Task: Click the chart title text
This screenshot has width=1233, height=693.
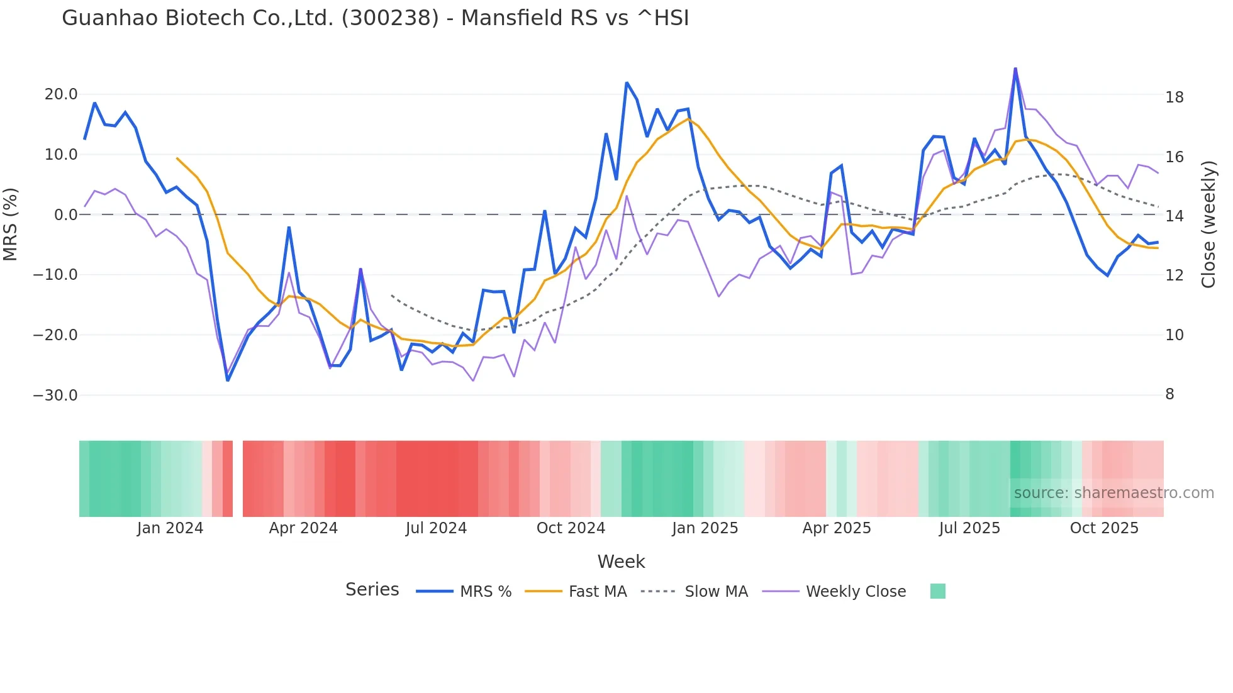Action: (x=375, y=18)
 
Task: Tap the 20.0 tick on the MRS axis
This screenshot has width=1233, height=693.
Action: (x=60, y=94)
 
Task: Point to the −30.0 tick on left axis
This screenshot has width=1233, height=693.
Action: (x=55, y=396)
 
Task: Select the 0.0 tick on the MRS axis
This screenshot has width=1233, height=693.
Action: (x=66, y=215)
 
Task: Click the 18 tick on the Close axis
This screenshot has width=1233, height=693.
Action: (x=1174, y=97)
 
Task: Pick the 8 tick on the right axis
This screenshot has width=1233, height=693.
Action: (x=1169, y=394)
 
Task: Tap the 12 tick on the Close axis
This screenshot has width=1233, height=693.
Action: (x=1174, y=275)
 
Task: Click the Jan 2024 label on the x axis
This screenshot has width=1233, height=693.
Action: (x=170, y=528)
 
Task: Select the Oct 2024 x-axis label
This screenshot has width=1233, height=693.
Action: (x=571, y=528)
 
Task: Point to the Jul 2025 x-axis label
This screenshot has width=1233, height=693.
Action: (x=969, y=528)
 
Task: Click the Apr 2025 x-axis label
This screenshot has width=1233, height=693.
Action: (x=836, y=528)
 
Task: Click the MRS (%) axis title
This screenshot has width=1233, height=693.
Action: (x=11, y=224)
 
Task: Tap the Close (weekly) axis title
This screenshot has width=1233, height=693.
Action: (x=1208, y=225)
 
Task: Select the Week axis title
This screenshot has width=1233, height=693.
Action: (x=621, y=562)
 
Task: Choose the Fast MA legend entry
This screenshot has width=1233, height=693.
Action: (x=597, y=592)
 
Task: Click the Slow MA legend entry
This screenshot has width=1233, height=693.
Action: (x=716, y=592)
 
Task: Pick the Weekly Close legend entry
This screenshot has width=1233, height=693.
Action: (x=856, y=592)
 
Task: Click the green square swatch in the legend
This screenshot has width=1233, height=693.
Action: (x=937, y=591)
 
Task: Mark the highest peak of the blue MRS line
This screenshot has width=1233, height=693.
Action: (x=1015, y=69)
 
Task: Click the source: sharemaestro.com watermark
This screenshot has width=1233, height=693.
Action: (x=1113, y=493)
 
